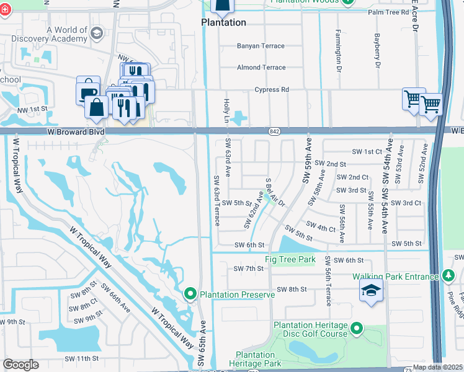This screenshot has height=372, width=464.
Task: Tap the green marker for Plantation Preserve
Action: [x=191, y=293]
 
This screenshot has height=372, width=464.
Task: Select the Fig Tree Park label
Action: [x=290, y=259]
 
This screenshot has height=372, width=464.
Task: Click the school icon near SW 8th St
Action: [x=371, y=291]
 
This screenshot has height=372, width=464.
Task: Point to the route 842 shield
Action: [x=275, y=131]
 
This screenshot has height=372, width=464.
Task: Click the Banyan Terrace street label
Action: [x=261, y=46]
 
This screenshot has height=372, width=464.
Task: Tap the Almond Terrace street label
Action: [x=261, y=68]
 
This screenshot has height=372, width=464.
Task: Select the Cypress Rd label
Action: [x=272, y=89]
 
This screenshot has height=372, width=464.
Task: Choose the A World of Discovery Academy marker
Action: [x=96, y=33]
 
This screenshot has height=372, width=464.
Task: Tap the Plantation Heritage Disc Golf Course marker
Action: [x=357, y=327]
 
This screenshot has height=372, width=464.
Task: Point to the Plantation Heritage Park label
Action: [x=254, y=359]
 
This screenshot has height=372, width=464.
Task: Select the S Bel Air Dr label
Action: [x=275, y=193]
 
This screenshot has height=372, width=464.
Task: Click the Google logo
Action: [x=20, y=365]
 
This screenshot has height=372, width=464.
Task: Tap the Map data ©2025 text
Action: [x=437, y=367]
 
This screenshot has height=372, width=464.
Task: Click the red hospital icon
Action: [x=5, y=11]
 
